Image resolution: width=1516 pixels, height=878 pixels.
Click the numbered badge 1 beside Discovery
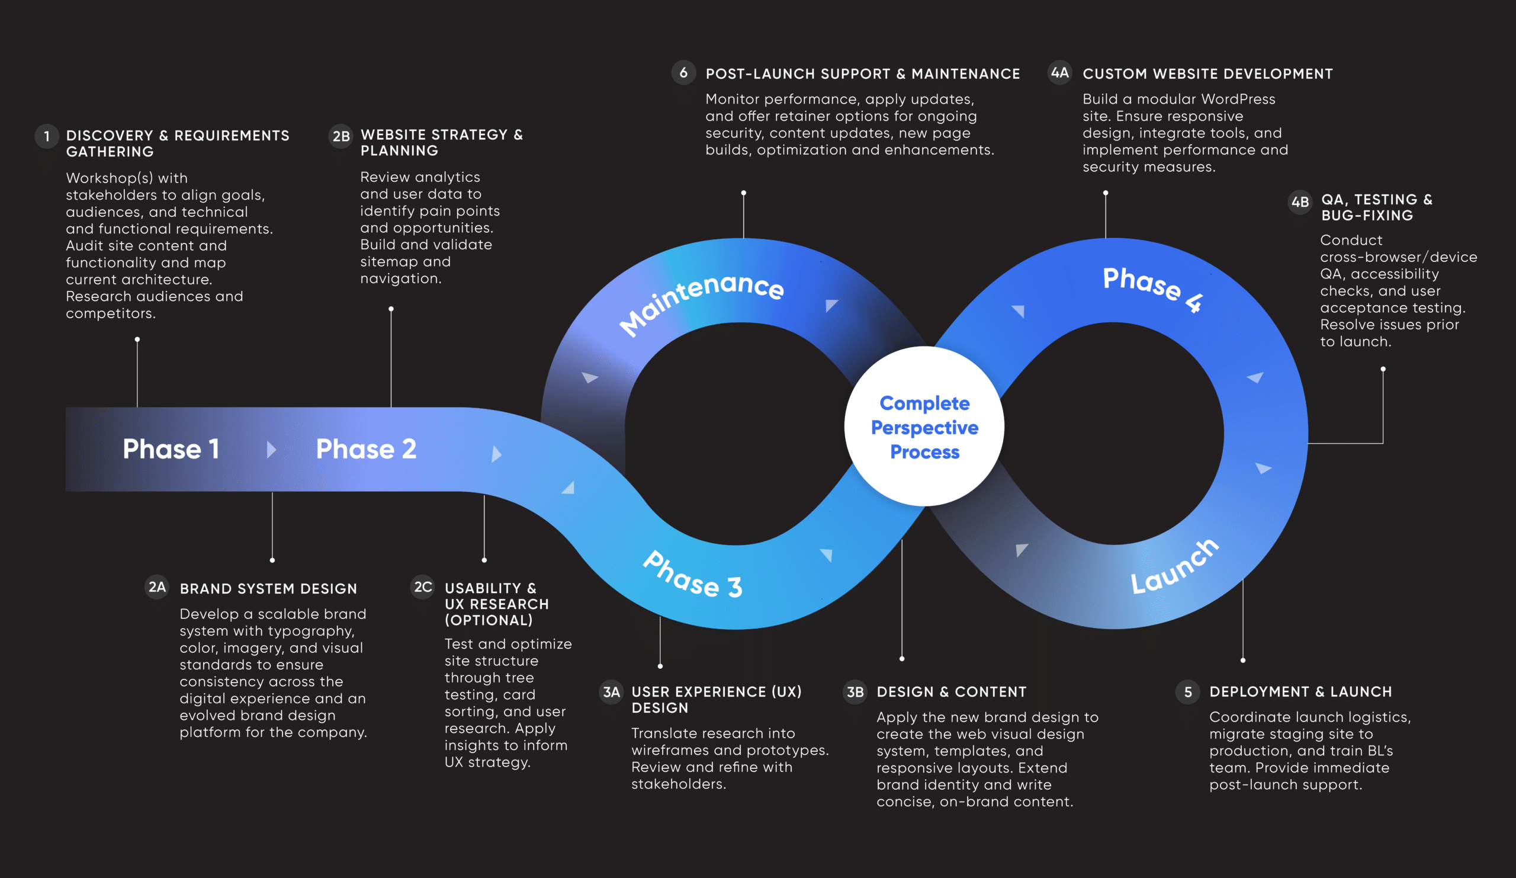click(46, 137)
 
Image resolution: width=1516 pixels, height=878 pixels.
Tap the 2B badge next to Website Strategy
click(341, 137)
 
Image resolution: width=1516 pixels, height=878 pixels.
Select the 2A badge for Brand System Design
click(157, 587)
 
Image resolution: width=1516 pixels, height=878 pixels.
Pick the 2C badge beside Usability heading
click(423, 587)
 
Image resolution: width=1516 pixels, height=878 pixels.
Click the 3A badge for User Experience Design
click(611, 692)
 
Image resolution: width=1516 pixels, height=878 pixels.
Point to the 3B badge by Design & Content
click(855, 692)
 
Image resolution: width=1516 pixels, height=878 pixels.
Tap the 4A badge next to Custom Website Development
click(1059, 73)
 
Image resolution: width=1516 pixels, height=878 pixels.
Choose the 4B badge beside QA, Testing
click(1300, 201)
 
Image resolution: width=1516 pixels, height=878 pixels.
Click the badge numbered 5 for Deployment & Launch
click(1187, 692)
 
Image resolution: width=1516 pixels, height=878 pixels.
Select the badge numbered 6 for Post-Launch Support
click(683, 73)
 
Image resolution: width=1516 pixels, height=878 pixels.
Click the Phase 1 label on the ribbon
click(171, 449)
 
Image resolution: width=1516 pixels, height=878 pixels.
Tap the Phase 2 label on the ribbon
click(366, 449)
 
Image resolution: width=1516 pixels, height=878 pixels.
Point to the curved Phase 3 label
click(692, 575)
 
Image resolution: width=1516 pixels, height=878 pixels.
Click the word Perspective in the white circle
click(924, 427)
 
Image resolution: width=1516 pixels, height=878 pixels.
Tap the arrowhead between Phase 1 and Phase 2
click(271, 449)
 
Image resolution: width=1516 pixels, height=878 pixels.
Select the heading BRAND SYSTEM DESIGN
click(268, 588)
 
